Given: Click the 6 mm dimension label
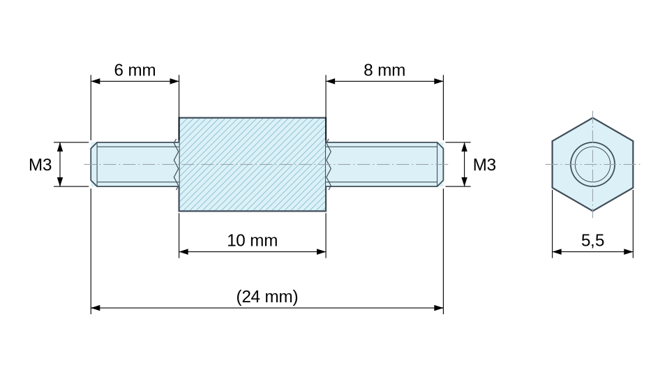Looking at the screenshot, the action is click(135, 71).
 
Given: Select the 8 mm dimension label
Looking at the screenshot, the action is click(384, 71).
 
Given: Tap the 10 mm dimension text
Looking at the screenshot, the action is click(253, 240).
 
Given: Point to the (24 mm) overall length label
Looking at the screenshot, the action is click(267, 297).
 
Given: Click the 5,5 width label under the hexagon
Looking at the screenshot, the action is click(592, 240).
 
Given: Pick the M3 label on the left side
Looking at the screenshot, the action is click(40, 165).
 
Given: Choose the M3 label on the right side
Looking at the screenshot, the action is click(484, 165).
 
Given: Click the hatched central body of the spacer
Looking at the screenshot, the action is click(253, 164).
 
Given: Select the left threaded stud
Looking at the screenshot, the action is click(135, 164).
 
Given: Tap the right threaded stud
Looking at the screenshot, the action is click(385, 164).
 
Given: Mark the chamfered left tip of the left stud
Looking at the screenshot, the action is click(94, 164).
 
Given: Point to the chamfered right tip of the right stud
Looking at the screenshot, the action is click(441, 164).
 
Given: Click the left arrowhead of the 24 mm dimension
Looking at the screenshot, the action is click(96, 308).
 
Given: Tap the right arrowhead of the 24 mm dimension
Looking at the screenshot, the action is click(439, 308).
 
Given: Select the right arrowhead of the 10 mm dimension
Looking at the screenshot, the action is click(321, 251).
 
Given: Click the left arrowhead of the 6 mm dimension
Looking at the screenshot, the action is click(96, 81).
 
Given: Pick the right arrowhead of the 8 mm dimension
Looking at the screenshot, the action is click(439, 81).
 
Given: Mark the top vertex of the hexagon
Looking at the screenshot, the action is click(592, 118).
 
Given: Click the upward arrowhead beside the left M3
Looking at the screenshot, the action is click(60, 147).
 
